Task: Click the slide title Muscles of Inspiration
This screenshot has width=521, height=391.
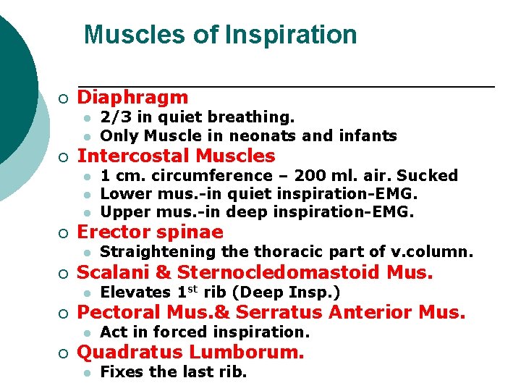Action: click(220, 35)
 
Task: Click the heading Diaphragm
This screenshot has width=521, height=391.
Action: click(132, 98)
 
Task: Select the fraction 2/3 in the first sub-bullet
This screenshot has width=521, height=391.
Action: click(112, 117)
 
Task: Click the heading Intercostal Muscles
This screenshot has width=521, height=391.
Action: click(176, 156)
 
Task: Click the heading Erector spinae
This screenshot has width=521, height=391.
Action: click(150, 232)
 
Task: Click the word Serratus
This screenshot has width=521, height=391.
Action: click(281, 313)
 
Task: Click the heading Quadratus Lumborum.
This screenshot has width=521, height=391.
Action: click(190, 353)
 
